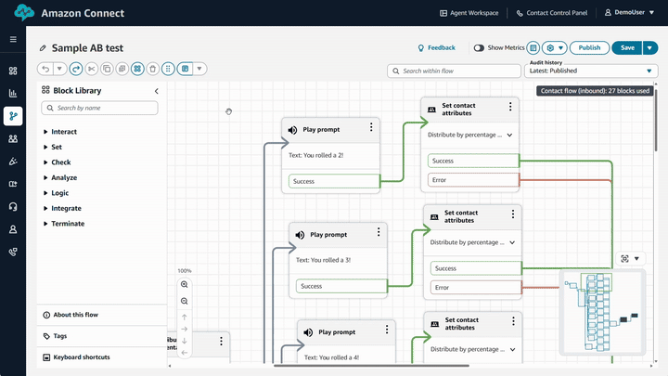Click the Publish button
point(589,47)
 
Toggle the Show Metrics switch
point(479,47)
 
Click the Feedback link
point(436,47)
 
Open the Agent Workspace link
point(469,13)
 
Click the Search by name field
point(100,108)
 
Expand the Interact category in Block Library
point(64,132)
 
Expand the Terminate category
point(68,224)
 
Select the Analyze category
point(64,177)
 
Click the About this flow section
point(75,315)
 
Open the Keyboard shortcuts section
point(82,357)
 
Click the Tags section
point(60,336)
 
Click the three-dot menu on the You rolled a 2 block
point(371,128)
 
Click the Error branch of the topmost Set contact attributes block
point(471,179)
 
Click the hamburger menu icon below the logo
point(13,40)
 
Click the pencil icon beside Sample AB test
point(43,48)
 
